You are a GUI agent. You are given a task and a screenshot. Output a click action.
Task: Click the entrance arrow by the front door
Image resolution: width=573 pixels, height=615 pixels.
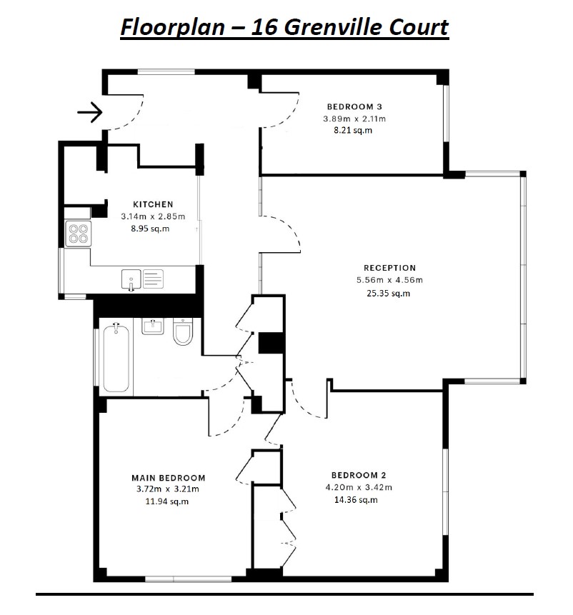(x=90, y=112)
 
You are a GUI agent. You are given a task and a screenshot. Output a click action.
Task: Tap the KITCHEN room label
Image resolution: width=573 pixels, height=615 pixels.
(x=153, y=204)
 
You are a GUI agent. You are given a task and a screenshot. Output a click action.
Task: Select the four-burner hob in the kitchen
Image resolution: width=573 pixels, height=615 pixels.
(x=79, y=234)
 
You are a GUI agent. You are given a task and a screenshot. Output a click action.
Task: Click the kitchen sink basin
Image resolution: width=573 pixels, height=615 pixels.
(x=131, y=279)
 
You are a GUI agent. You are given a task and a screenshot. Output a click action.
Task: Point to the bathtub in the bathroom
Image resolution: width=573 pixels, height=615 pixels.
(x=116, y=357)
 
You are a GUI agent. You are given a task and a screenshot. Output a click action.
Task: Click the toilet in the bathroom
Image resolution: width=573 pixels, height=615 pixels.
(x=183, y=331)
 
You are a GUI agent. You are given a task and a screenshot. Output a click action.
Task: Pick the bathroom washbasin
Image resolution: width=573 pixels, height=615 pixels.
(x=153, y=326)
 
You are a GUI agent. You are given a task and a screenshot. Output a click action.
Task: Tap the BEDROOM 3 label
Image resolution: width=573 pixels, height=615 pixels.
(x=354, y=106)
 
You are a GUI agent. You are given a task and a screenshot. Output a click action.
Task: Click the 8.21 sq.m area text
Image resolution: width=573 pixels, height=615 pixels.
(x=353, y=130)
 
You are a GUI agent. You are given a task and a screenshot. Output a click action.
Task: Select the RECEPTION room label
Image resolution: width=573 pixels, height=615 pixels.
(x=390, y=268)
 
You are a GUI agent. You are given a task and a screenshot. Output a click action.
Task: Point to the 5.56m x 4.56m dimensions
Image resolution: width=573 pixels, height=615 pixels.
(x=390, y=280)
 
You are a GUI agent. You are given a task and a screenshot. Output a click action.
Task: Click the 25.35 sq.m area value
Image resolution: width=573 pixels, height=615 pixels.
(x=389, y=293)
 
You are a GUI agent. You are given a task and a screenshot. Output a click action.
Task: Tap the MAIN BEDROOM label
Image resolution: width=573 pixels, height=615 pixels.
(x=169, y=478)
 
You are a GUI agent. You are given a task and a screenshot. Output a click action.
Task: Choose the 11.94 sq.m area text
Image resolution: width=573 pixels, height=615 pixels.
(x=167, y=501)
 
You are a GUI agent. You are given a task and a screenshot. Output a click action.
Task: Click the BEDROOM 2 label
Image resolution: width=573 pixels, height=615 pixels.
(x=359, y=476)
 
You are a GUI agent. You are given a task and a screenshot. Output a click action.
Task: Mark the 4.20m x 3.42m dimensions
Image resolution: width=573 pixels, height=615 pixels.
(x=359, y=488)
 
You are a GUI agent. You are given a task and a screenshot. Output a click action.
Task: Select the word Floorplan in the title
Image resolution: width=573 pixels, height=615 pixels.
(x=173, y=27)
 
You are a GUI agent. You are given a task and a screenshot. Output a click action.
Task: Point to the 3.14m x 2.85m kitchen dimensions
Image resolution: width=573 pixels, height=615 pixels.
(x=153, y=216)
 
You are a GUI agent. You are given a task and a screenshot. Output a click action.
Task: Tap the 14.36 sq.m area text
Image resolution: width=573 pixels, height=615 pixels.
(x=356, y=500)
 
